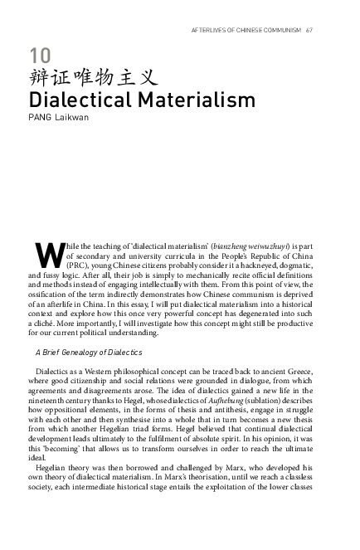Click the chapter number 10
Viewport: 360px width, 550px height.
pyautogui.click(x=38, y=56)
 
